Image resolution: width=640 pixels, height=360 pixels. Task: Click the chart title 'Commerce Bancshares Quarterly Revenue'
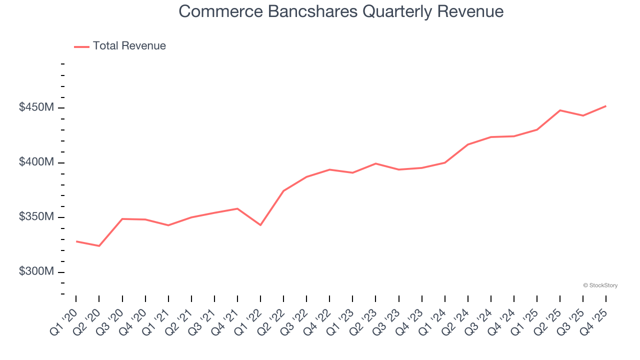coord(340,11)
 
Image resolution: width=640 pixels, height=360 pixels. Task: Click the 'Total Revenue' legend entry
coord(129,46)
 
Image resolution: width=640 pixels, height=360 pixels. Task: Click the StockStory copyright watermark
coord(600,285)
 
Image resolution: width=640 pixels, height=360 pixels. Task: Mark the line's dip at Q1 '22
coord(260,225)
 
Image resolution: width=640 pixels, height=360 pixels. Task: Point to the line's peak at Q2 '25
coord(560,110)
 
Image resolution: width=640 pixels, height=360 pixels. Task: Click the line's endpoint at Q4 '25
coord(606,106)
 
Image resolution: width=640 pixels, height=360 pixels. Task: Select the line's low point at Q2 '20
coord(99,246)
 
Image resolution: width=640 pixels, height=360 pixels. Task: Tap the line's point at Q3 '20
coord(122,219)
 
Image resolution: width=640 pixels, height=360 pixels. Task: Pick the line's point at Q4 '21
coord(237,208)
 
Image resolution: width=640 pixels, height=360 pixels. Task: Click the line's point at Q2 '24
coord(468,144)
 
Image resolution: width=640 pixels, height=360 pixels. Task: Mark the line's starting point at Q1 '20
coord(76,241)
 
